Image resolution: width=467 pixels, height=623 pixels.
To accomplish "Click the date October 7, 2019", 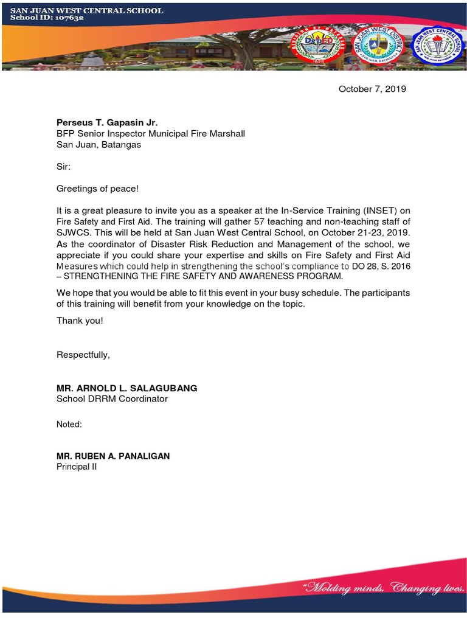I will point(372,89).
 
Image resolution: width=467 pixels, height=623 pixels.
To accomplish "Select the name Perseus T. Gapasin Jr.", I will point(107,122).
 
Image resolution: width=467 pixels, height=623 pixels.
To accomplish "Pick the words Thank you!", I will point(80,321).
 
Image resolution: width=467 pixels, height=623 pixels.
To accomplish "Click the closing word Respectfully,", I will point(83,355).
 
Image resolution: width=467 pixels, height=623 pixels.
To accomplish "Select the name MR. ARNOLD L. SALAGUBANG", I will point(126,388).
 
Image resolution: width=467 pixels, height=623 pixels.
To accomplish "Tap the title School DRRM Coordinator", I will point(112,399).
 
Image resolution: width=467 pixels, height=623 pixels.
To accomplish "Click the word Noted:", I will point(69,425).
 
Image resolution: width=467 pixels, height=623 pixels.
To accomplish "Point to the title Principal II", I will point(77,467).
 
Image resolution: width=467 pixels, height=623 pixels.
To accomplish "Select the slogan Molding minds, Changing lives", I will point(384,588).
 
